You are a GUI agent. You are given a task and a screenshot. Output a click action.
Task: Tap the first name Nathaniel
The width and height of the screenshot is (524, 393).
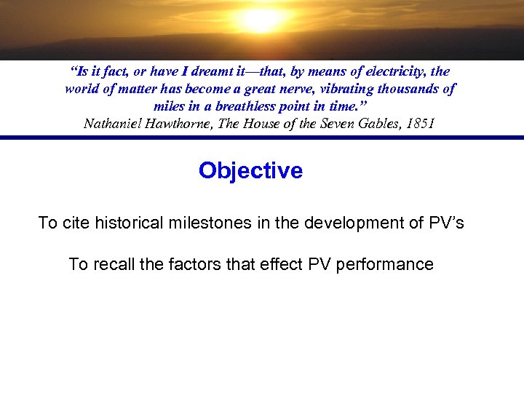coord(111,123)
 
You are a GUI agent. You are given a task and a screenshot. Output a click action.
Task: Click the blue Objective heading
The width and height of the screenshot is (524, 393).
coord(250,170)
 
